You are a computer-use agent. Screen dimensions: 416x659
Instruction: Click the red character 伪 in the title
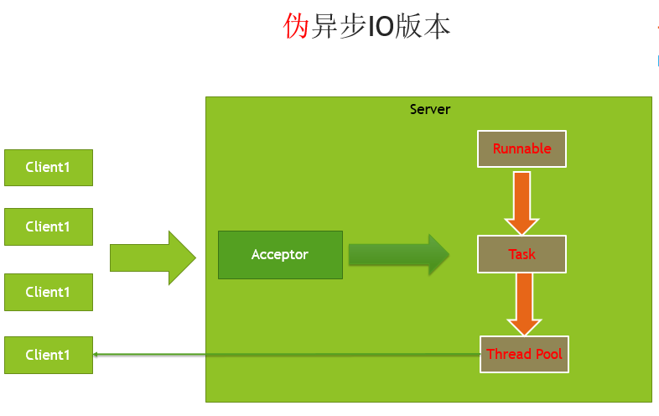coord(297,27)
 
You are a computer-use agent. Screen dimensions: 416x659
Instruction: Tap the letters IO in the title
coord(382,27)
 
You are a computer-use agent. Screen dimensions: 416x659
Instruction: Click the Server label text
coord(429,109)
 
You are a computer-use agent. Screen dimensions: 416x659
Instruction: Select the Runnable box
coord(521,149)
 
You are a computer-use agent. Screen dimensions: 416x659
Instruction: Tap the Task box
coord(521,254)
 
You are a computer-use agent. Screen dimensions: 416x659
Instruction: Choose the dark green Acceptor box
coord(280,254)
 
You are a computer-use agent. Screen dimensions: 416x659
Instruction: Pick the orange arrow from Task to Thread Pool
coord(525,304)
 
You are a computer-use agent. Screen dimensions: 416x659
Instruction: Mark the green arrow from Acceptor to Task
coord(399,255)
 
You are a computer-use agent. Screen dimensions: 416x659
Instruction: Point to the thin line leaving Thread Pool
coord(285,355)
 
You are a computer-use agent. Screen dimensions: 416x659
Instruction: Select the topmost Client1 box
coord(48,167)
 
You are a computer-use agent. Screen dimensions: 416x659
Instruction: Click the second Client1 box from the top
coord(48,226)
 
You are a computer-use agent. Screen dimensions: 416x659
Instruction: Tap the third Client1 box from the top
coord(48,292)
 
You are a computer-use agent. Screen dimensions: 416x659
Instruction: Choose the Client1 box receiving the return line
coord(48,355)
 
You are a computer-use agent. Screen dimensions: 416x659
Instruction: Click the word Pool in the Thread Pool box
coord(546,354)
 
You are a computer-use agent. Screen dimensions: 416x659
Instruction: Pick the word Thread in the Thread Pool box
coord(506,354)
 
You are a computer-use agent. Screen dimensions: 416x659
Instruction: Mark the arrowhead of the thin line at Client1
coord(96,355)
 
